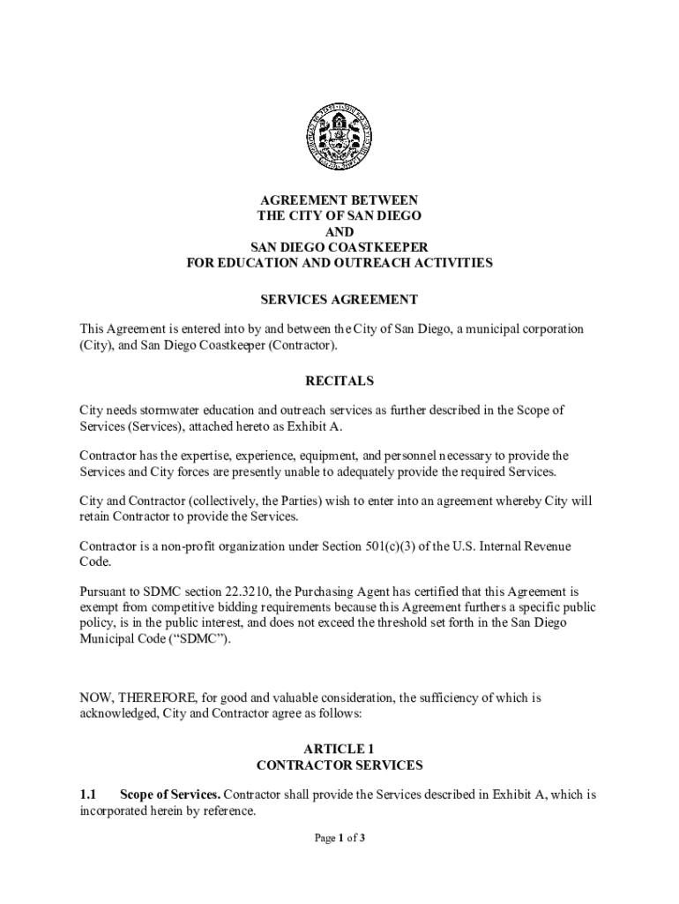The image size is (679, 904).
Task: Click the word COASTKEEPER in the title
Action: [x=380, y=247]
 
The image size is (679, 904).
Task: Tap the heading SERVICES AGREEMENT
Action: [x=339, y=300]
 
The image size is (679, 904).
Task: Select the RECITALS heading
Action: [x=339, y=381]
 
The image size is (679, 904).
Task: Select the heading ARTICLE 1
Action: [x=339, y=749]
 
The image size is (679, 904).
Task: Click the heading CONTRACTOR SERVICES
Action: [x=339, y=765]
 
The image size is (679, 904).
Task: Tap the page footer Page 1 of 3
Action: [x=339, y=839]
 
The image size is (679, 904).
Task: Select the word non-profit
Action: [x=185, y=546]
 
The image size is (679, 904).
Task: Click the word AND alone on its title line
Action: [x=339, y=231]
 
